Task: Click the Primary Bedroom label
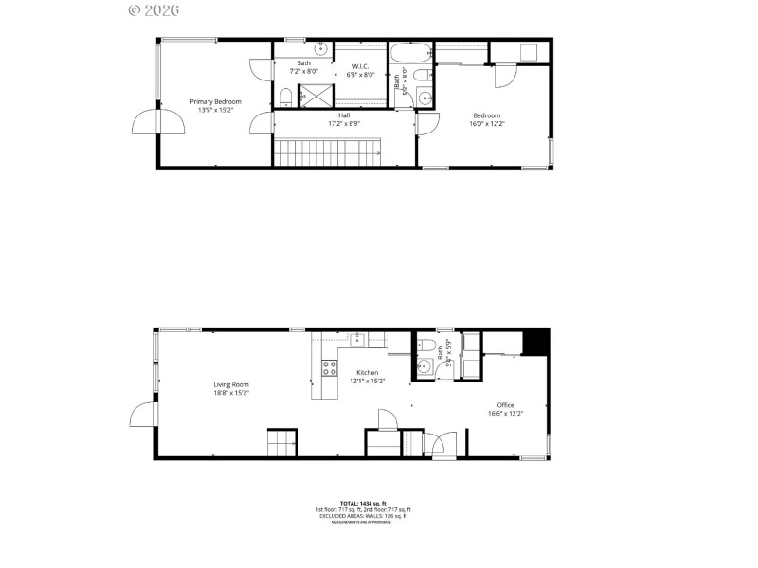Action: (x=215, y=101)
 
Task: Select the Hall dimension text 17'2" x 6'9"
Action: (x=344, y=123)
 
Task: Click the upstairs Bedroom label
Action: (x=486, y=115)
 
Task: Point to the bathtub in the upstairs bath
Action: (x=410, y=52)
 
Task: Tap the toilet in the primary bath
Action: (x=285, y=96)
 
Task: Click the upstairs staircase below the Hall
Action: (x=326, y=152)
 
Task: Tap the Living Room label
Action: (x=230, y=384)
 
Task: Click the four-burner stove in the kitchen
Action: (x=329, y=367)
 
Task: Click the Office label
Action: (x=505, y=405)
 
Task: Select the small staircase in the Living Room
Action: (x=281, y=443)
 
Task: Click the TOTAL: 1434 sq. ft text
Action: (x=363, y=503)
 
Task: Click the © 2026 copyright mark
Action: (x=153, y=9)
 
